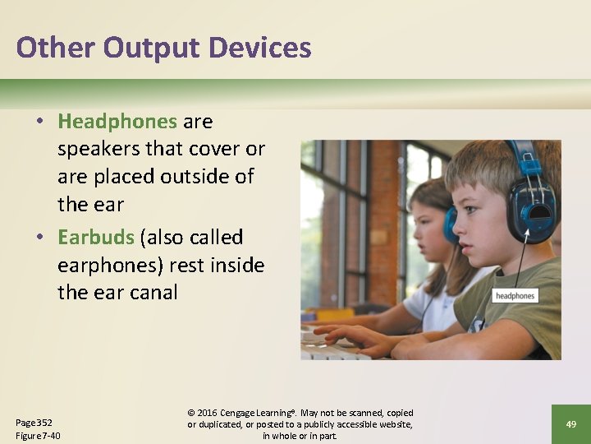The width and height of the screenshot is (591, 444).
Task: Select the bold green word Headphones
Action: tap(117, 122)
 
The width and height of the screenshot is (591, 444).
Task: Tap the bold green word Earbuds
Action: tap(96, 238)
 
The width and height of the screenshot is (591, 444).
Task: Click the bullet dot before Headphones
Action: tap(39, 123)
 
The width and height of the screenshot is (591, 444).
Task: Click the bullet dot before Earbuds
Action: tap(39, 238)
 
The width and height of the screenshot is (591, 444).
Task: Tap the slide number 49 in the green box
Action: tap(571, 423)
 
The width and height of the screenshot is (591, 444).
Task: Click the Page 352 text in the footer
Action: tap(34, 422)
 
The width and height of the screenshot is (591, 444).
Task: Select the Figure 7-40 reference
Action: tap(38, 436)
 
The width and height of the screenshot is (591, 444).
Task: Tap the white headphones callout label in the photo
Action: tap(515, 295)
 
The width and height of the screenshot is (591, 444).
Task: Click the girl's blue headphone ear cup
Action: tap(451, 224)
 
